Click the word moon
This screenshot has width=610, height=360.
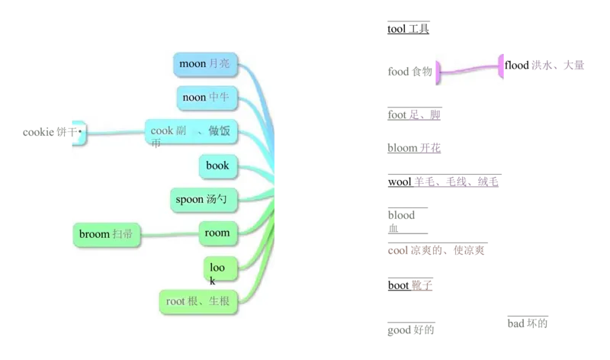pos(192,64)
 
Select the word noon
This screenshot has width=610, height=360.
pos(194,98)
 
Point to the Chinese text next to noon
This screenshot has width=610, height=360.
pos(219,98)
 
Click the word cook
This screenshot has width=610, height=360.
pos(162,130)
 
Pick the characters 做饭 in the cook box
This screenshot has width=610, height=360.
pos(219,131)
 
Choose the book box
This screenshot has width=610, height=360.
pos(217,165)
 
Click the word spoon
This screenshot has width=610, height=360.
pos(190,200)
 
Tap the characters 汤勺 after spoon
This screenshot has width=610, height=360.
pos(218,200)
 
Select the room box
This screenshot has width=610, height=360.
pos(217,233)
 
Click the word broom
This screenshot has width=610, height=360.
pos(95,234)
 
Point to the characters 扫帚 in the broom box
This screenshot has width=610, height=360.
pos(123,234)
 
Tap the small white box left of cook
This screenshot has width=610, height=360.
pos(79,133)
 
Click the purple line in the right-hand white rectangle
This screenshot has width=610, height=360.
pos(469,70)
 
